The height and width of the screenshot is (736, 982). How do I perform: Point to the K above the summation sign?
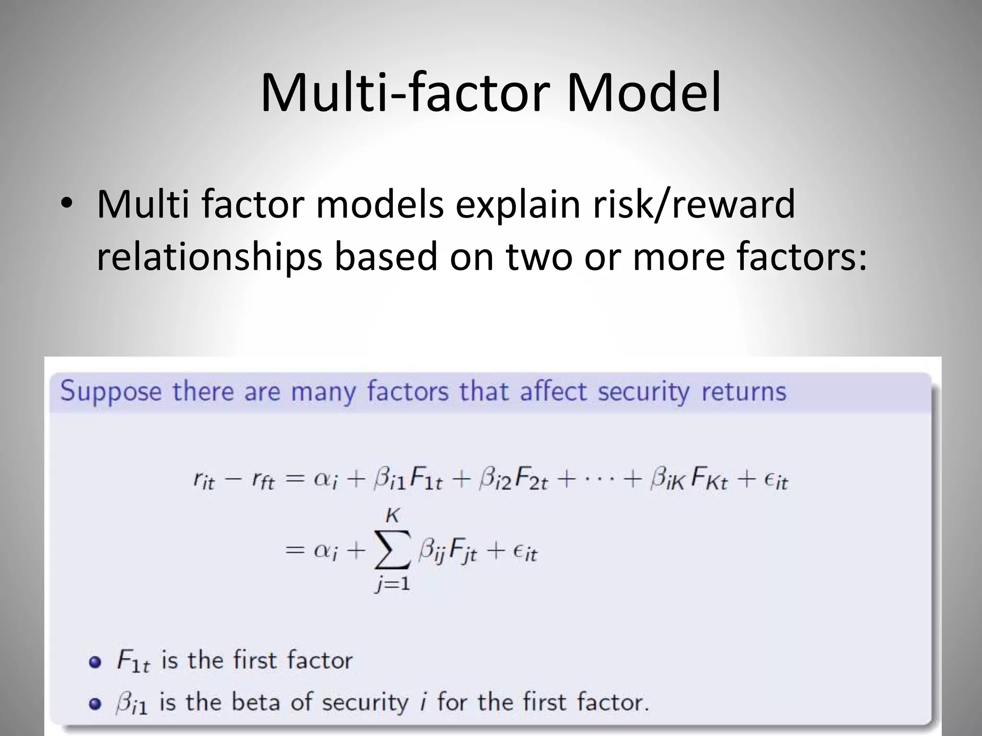pyautogui.click(x=392, y=516)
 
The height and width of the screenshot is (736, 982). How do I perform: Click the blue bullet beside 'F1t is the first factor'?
pyautogui.click(x=95, y=662)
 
